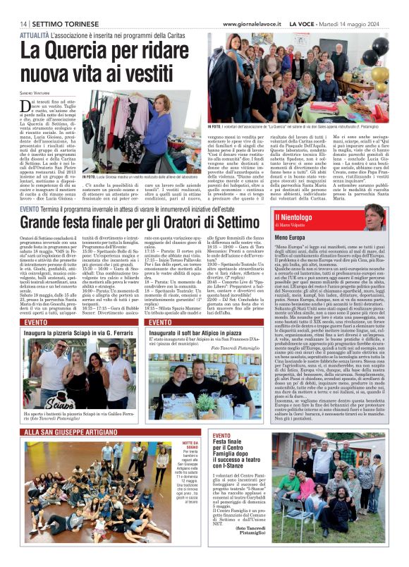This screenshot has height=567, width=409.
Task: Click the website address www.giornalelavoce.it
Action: point(253,23)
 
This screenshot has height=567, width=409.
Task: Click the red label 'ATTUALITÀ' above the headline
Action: point(34,34)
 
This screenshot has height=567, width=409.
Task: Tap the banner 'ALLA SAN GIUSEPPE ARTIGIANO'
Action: point(69,431)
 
